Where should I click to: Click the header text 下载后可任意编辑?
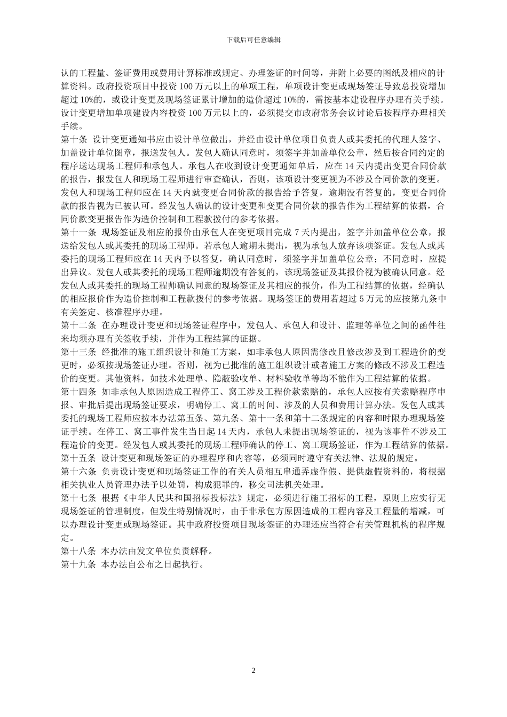pyautogui.click(x=253, y=39)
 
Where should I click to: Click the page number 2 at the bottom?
pyautogui.click(x=253, y=671)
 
